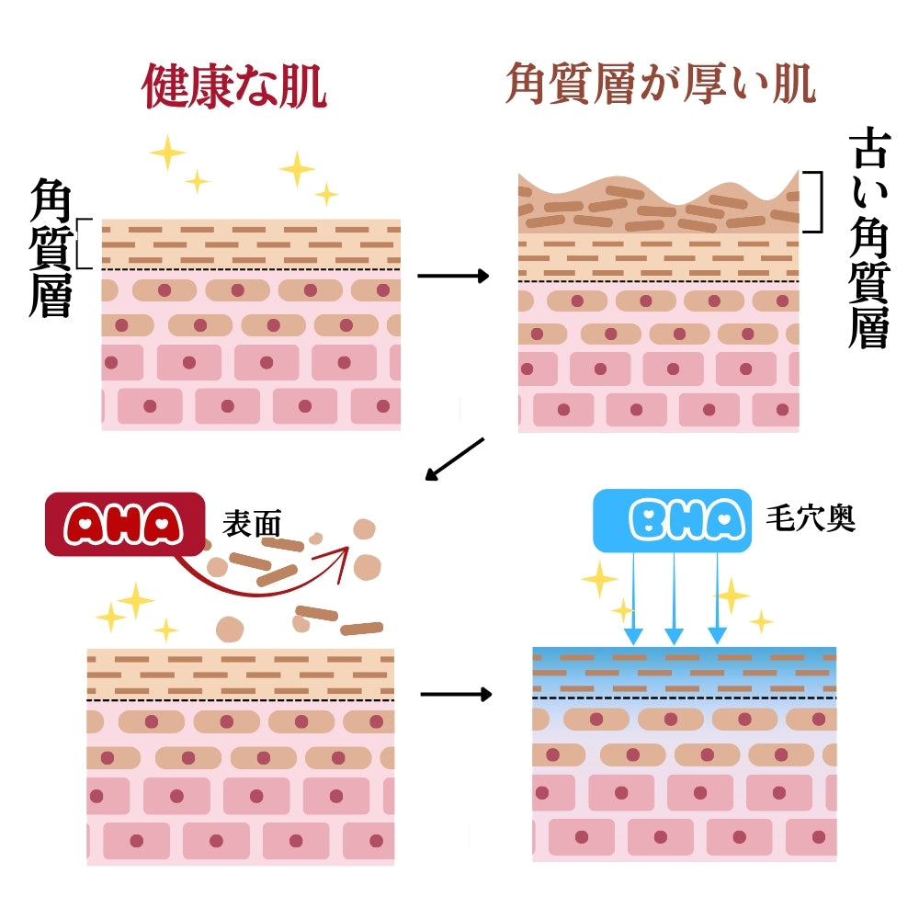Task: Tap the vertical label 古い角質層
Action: click(x=868, y=237)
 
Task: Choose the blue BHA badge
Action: click(x=671, y=518)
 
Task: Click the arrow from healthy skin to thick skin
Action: click(x=453, y=275)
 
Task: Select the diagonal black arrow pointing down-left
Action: click(x=454, y=459)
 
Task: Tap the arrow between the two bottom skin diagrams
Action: click(x=456, y=694)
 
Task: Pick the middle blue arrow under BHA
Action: click(x=675, y=597)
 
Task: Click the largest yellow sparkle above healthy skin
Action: click(x=167, y=152)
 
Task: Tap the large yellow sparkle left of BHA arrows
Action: click(x=599, y=579)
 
